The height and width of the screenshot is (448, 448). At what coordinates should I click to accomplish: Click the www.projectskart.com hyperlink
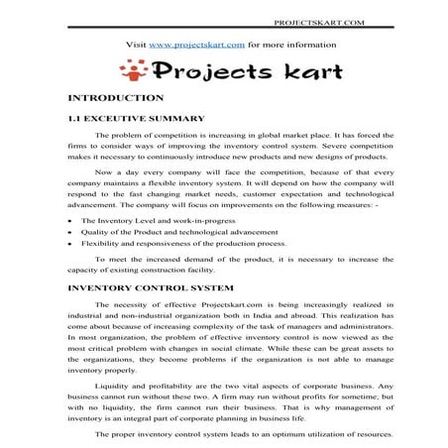pos(197,45)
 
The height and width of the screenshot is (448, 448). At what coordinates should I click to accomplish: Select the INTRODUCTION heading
pos(114,100)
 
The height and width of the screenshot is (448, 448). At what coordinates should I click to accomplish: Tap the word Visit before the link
pos(140,45)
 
